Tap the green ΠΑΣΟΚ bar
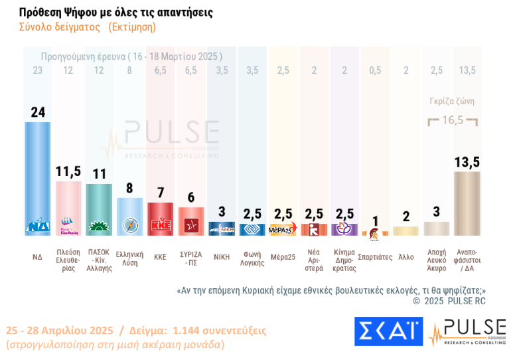click(99, 209)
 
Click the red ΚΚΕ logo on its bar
click(160, 225)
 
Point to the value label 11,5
click(68, 172)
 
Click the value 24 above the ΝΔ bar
click(38, 112)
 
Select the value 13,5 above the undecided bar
click(467, 161)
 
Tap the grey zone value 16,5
click(453, 120)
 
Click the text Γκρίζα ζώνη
click(453, 102)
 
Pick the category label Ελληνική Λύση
click(129, 258)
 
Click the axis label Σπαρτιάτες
click(375, 256)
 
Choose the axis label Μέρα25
click(283, 256)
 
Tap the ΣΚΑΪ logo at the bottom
click(388, 331)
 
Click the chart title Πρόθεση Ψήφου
click(116, 13)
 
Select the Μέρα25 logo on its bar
click(283, 230)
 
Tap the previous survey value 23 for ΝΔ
click(37, 70)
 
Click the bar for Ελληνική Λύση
click(129, 217)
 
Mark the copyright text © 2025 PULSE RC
click(449, 301)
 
